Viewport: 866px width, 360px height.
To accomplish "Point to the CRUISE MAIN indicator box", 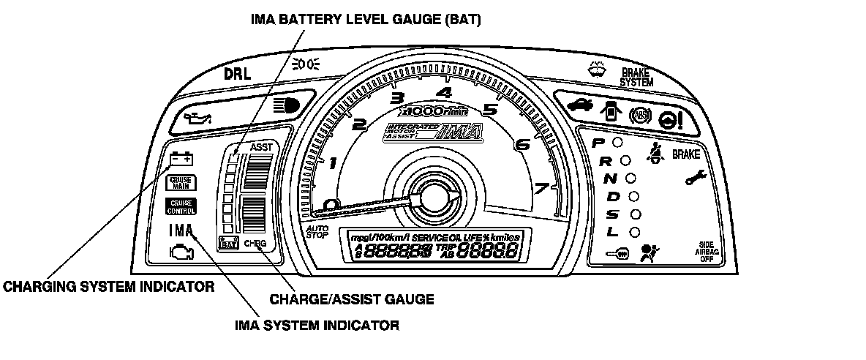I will click(x=181, y=183).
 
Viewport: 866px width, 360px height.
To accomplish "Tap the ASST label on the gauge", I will click(x=260, y=147).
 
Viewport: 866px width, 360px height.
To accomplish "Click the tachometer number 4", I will click(x=443, y=93).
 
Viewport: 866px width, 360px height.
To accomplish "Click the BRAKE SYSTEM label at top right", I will click(x=631, y=78).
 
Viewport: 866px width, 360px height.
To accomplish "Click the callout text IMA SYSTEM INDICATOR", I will click(x=317, y=326).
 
